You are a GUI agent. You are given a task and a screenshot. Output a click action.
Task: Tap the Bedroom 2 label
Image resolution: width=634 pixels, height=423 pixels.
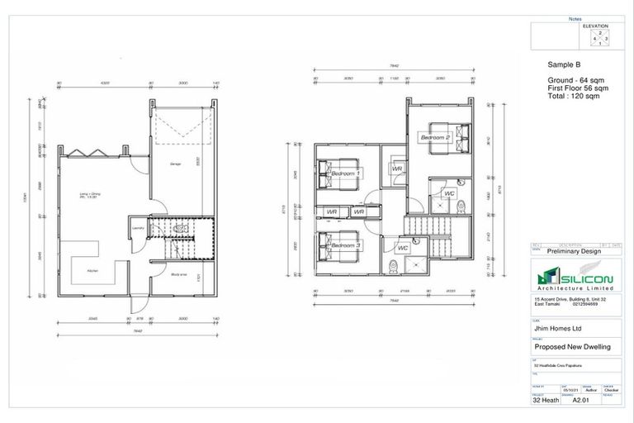[x=436, y=136]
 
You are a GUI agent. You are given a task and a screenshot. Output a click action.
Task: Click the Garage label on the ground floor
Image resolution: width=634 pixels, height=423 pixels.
[x=177, y=164]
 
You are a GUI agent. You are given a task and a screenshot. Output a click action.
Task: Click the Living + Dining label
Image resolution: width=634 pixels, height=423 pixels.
[x=89, y=196]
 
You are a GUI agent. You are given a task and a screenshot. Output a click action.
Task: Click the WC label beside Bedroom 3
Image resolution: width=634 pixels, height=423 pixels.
[x=403, y=248]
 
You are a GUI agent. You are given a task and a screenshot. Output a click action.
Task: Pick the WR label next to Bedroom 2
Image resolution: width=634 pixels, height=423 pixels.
[x=397, y=169]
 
